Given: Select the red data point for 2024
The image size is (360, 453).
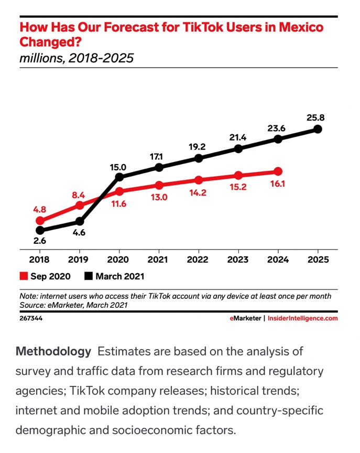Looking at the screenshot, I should pyautogui.click(x=278, y=171).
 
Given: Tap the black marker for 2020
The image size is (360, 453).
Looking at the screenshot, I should pyautogui.click(x=119, y=177).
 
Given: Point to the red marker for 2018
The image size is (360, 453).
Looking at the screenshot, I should pyautogui.click(x=40, y=221).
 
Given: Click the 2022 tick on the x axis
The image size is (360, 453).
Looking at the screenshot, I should pyautogui.click(x=199, y=260).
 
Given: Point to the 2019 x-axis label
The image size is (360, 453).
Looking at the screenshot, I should pyautogui.click(x=80, y=260).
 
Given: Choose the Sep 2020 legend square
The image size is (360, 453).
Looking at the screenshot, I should pyautogui.click(x=24, y=276).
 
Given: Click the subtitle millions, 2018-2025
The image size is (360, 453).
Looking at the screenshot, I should pyautogui.click(x=77, y=58).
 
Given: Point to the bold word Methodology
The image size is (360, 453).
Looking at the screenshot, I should pyautogui.click(x=53, y=351).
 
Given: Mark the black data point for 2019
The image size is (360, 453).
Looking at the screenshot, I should pyautogui.click(x=80, y=221).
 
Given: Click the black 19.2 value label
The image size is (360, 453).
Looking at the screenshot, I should pyautogui.click(x=199, y=146).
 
